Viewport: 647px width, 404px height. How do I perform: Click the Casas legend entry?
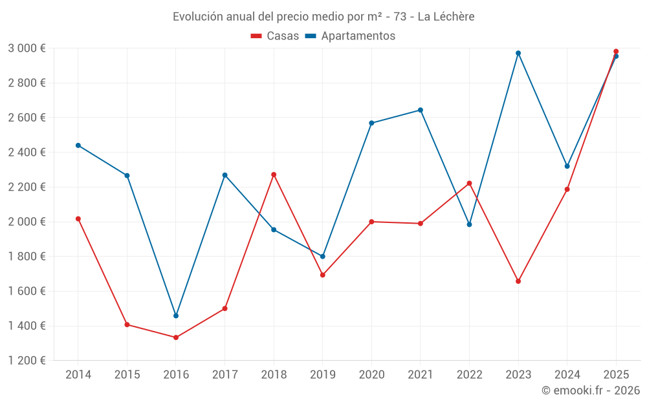pyautogui.click(x=276, y=36)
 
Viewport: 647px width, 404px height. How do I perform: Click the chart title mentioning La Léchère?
pyautogui.click(x=323, y=16)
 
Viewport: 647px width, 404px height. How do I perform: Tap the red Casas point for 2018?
pyautogui.click(x=274, y=175)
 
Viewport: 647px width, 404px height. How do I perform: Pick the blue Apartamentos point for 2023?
pyautogui.click(x=518, y=53)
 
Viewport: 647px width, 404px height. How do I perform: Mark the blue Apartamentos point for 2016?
pyautogui.click(x=176, y=315)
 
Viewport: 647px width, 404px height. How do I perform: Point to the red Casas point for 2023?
pyautogui.click(x=518, y=281)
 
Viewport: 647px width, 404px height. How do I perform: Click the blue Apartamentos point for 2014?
pyautogui.click(x=78, y=145)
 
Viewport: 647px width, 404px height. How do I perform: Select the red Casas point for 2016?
pyautogui.click(x=176, y=337)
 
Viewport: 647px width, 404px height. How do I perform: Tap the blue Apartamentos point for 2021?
pyautogui.click(x=421, y=110)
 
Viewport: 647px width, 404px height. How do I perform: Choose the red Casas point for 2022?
pyautogui.click(x=469, y=183)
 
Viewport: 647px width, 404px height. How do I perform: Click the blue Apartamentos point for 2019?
pyautogui.click(x=323, y=257)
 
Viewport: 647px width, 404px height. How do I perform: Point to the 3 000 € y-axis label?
pyautogui.click(x=27, y=48)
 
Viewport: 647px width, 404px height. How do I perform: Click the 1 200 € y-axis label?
pyautogui.click(x=27, y=361)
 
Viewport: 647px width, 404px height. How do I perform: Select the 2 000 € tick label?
pyautogui.click(x=27, y=222)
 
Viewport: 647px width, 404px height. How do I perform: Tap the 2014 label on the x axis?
pyautogui.click(x=78, y=374)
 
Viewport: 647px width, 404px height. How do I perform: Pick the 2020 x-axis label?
pyautogui.click(x=371, y=374)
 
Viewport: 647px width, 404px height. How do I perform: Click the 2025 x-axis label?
pyautogui.click(x=616, y=374)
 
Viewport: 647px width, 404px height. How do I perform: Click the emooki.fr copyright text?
pyautogui.click(x=591, y=390)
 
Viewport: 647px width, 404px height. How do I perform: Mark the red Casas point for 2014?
pyautogui.click(x=78, y=218)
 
